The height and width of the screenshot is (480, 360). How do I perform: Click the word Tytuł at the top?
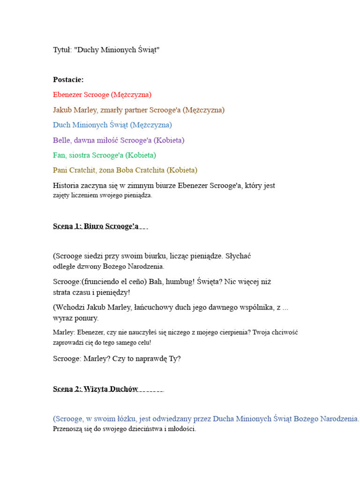(x=62, y=50)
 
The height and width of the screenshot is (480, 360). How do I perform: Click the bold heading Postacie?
(x=68, y=80)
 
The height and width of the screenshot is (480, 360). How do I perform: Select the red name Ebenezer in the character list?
(x=67, y=95)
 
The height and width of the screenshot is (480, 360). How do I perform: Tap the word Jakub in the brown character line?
(x=62, y=110)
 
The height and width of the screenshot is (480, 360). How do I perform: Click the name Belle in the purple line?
(x=61, y=140)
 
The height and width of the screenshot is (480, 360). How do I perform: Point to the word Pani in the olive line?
(x=61, y=170)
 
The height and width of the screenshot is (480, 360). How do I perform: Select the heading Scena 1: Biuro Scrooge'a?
(x=96, y=226)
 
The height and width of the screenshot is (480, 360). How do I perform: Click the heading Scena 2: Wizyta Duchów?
(x=96, y=389)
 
